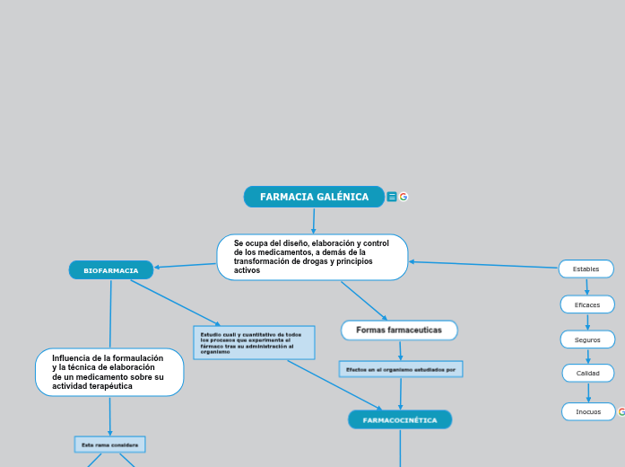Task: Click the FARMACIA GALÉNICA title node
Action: coord(314,197)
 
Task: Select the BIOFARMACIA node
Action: coord(111,270)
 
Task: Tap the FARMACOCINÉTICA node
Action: coord(400,419)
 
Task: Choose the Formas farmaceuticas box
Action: coord(399,330)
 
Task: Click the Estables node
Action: coord(586,269)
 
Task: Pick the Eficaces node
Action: coord(587,304)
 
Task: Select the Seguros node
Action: coord(587,339)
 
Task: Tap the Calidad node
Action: coord(588,373)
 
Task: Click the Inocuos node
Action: coord(588,411)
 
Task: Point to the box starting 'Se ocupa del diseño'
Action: coord(312,257)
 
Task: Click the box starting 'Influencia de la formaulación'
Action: coord(109,372)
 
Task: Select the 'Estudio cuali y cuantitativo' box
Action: coord(254,342)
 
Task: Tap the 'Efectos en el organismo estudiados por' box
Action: coord(401,369)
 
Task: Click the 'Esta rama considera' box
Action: coord(109,445)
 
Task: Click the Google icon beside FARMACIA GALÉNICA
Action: coord(404,197)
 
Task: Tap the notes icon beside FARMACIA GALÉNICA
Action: coord(392,197)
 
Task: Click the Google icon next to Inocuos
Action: coord(621,411)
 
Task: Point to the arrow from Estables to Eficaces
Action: coord(587,286)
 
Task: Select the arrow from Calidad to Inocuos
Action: coord(588,392)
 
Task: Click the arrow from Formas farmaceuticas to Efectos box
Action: coord(400,350)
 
